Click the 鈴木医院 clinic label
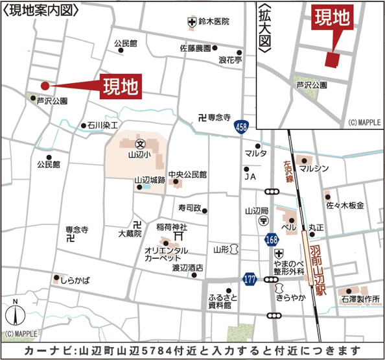(x=214, y=21)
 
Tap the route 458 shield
(x=241, y=129)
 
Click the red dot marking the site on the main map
(x=45, y=86)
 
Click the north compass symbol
(x=15, y=317)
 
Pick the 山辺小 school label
(x=139, y=155)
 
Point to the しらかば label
(x=75, y=280)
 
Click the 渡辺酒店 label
(x=187, y=267)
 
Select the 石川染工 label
(x=102, y=125)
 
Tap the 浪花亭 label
(x=230, y=60)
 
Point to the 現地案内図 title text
(x=41, y=10)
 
